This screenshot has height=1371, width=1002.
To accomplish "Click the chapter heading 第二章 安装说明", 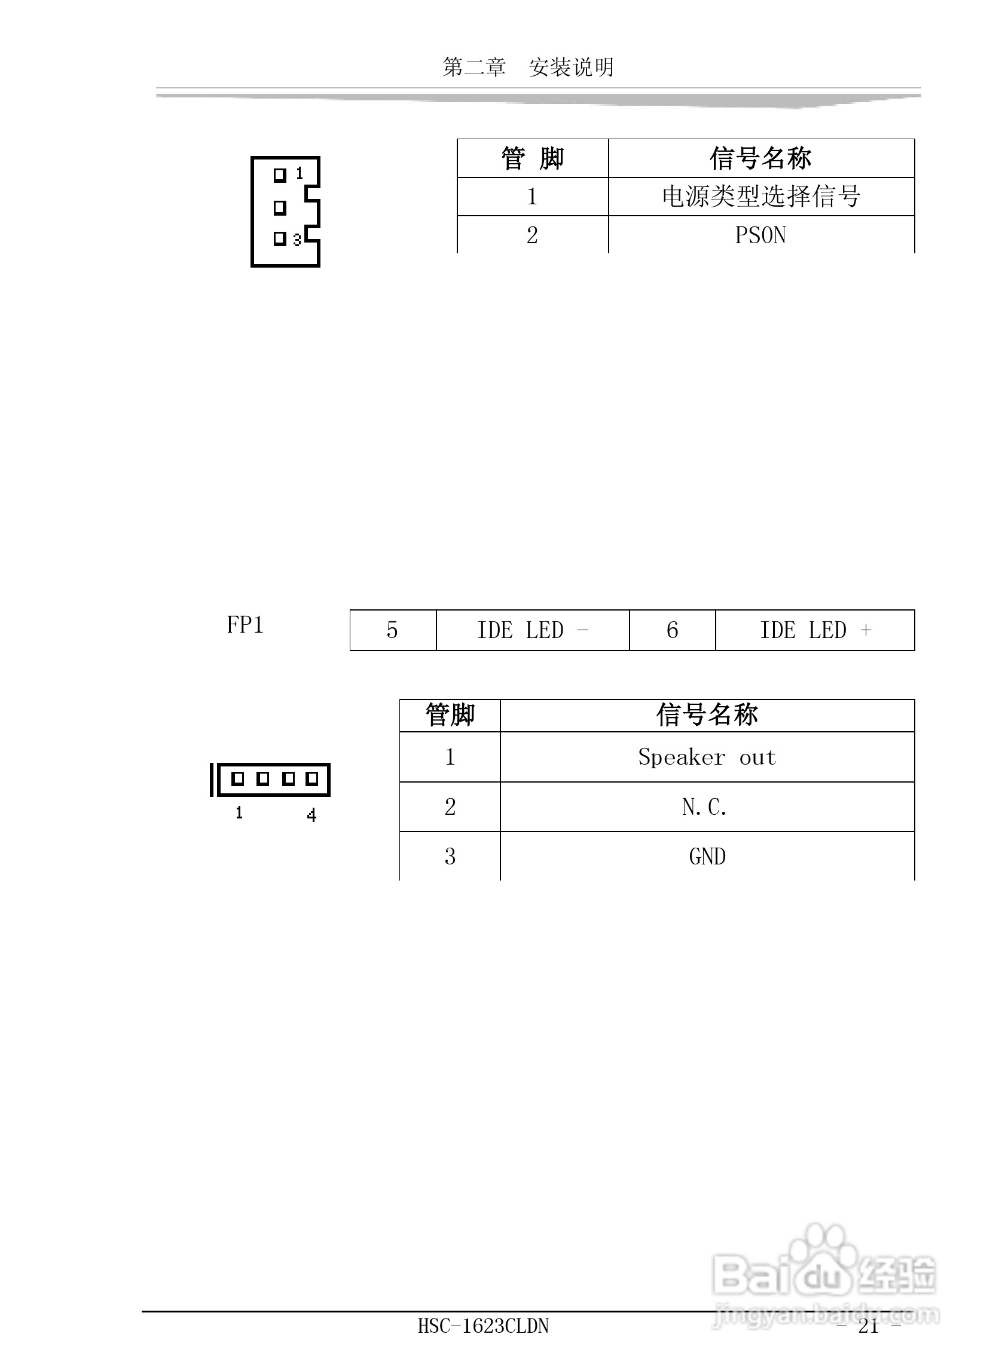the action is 528,68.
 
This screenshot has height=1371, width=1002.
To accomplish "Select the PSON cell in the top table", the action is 760,235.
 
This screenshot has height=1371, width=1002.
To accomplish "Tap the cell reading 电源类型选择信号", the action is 760,197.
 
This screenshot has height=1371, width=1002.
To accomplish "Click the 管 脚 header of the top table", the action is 532,158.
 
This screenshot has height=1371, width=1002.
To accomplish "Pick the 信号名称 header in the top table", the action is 760,158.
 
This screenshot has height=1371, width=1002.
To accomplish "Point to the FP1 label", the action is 245,625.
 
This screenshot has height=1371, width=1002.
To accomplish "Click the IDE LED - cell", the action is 532,630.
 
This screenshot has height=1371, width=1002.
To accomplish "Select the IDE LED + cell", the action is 815,630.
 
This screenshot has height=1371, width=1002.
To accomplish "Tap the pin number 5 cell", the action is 392,630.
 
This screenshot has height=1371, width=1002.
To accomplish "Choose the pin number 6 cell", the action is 672,630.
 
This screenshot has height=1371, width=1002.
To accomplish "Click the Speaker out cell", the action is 707,757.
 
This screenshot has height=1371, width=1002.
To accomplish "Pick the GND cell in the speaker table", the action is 707,857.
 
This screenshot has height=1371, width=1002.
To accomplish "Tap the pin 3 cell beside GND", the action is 450,857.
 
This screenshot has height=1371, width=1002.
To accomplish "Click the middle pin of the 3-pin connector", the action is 280,208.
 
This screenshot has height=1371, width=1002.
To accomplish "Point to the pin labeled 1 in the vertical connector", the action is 280,175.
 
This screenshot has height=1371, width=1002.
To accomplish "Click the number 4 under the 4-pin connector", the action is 311,815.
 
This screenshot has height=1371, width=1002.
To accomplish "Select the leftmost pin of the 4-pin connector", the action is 238,779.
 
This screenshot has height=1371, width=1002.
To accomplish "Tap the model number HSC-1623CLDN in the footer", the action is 483,1326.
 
